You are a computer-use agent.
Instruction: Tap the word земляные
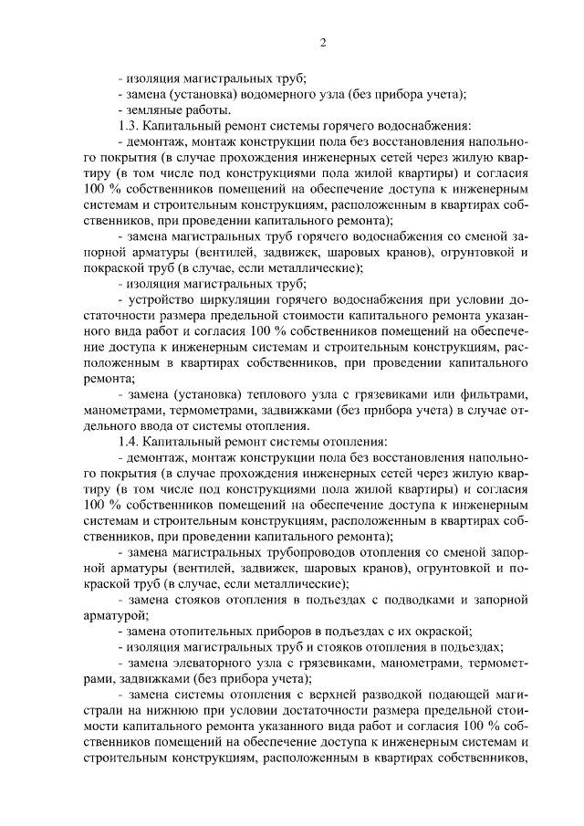pos(154,110)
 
